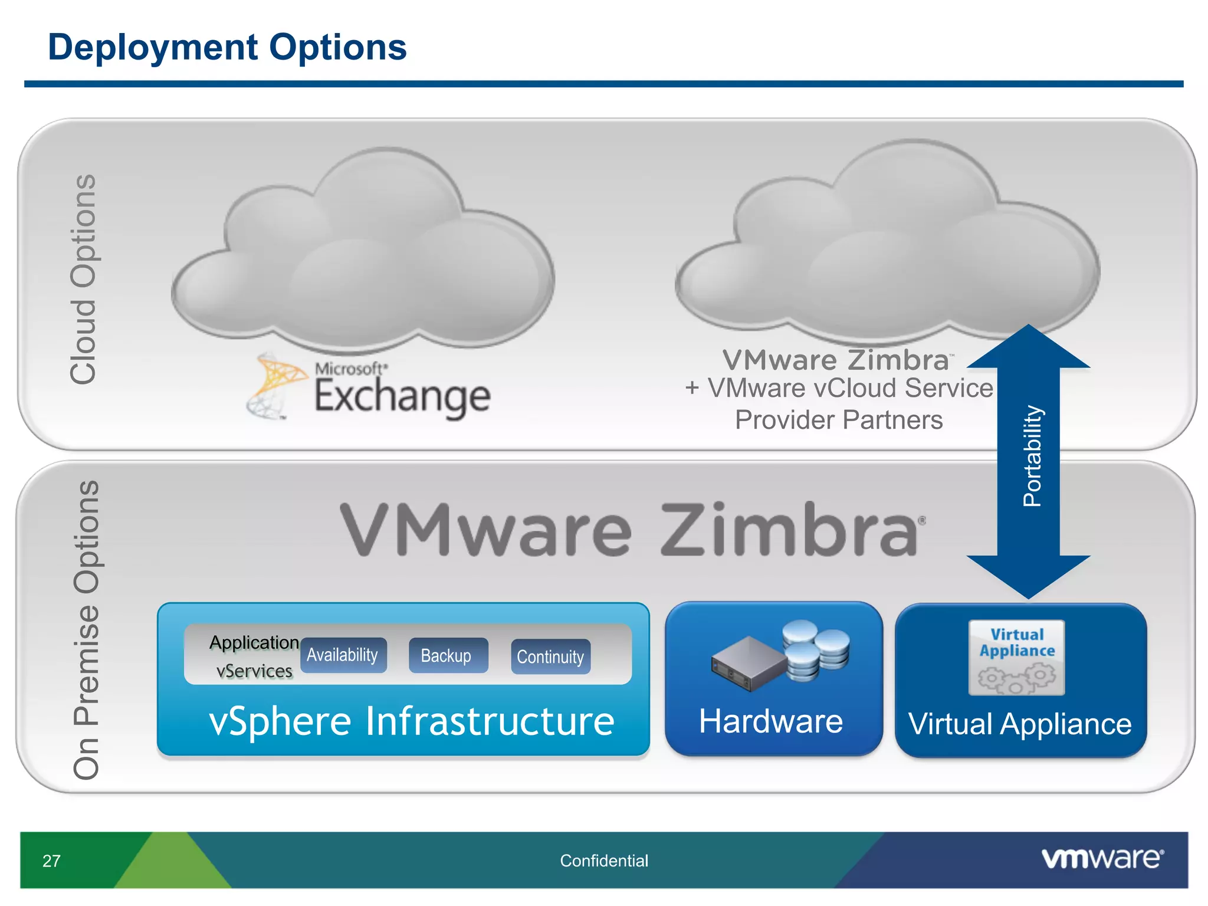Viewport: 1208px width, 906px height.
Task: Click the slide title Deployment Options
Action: [227, 47]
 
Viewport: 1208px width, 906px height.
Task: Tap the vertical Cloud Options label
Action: [83, 279]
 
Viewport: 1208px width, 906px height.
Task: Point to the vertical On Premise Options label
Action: [86, 630]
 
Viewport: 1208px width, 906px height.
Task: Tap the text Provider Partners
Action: [838, 421]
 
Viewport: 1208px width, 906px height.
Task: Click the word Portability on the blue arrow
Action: [1032, 456]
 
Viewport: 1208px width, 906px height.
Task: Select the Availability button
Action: [343, 655]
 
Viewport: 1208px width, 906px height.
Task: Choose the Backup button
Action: [447, 655]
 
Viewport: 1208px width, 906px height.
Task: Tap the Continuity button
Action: [550, 656]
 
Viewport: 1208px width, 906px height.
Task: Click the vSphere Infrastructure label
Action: [411, 721]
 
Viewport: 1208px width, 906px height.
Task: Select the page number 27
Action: [51, 861]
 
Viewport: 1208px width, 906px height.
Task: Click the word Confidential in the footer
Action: [603, 861]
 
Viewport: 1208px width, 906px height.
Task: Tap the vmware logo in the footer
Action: [1102, 859]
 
